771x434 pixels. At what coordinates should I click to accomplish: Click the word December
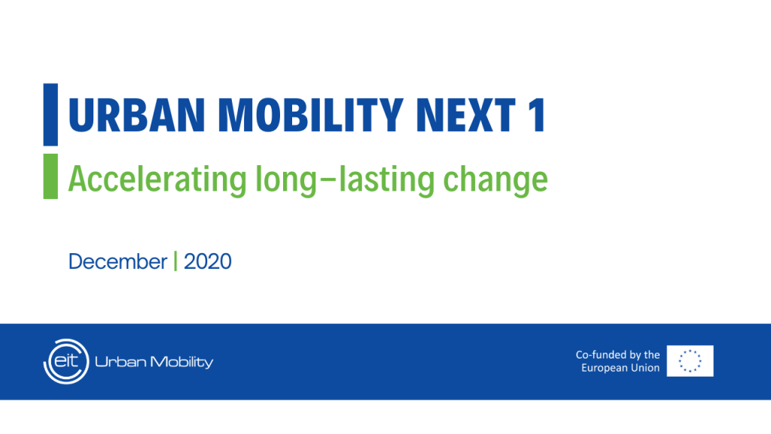coord(117,262)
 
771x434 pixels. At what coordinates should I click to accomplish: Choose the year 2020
coord(208,262)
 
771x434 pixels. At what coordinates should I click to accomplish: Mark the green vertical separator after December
coord(175,262)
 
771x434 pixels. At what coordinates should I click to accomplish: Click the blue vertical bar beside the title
coord(50,115)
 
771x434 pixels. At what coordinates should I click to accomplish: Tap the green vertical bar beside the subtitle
coord(50,176)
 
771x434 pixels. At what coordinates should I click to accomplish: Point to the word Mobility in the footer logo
coord(181,362)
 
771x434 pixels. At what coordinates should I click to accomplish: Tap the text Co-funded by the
coord(617,355)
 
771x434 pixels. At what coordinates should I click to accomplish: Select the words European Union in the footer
coord(620,368)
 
